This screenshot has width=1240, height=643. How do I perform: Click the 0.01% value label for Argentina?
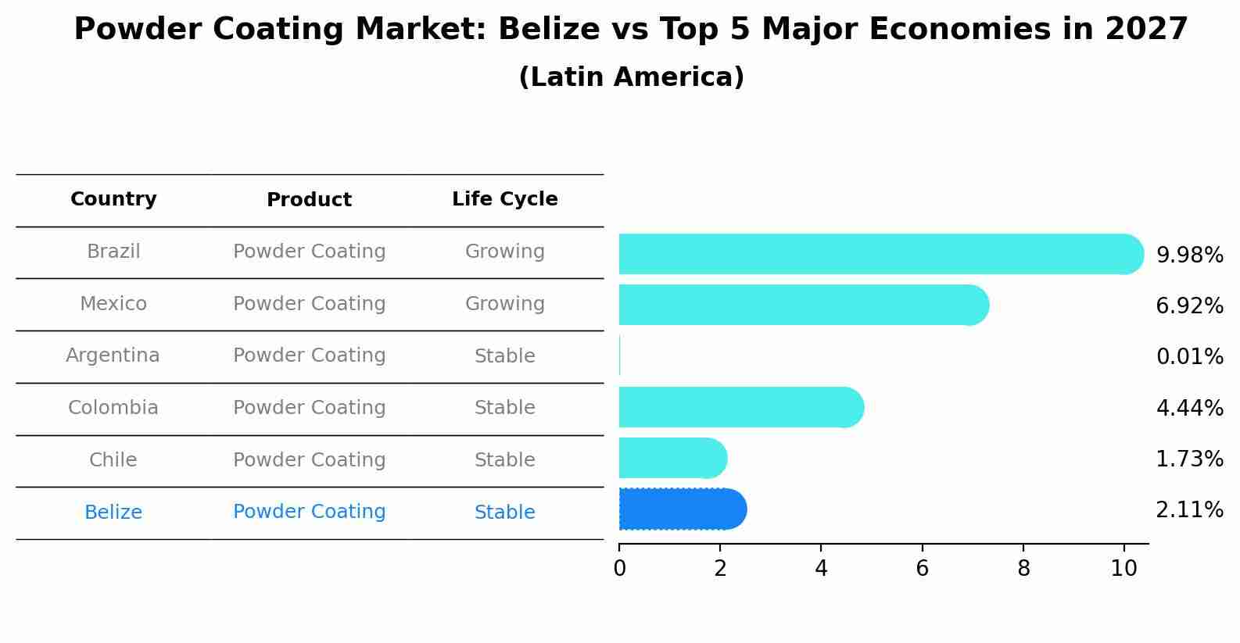click(1189, 357)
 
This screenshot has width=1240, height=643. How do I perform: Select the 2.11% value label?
click(1189, 510)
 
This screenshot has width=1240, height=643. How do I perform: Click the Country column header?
click(113, 199)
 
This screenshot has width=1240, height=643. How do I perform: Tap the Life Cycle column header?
click(504, 199)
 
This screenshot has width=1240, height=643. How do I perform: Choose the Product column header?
click(309, 200)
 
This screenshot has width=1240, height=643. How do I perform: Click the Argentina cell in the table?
click(113, 355)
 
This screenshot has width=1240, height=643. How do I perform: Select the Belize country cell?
click(113, 513)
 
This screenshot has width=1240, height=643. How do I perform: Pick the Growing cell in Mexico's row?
click(504, 304)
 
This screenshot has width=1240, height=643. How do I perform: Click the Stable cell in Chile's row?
click(504, 460)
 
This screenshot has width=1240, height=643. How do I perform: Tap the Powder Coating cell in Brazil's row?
click(309, 252)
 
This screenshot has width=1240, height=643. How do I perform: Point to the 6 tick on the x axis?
click(922, 568)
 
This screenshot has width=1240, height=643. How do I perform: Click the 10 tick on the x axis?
click(1124, 568)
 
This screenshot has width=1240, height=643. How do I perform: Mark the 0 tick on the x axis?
click(619, 568)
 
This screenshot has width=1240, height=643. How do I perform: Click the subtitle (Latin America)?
click(631, 77)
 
